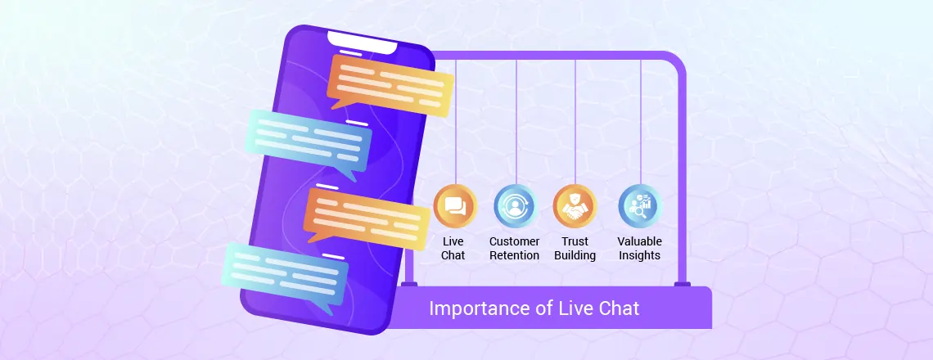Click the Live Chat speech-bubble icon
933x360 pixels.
coord(455,206)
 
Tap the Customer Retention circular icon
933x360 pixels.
coord(516,206)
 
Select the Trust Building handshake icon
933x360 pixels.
coord(575,206)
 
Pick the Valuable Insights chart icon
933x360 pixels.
coord(640,206)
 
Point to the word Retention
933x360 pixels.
coord(515,256)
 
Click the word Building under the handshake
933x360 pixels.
coord(575,256)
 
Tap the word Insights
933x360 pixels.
coord(640,256)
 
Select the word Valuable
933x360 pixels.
coord(640,241)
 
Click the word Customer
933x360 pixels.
coord(515,241)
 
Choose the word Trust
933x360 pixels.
coord(575,241)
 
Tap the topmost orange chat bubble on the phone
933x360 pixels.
coord(390,85)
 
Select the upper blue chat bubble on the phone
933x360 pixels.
coord(309,143)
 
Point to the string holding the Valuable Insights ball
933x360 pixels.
coord(640,122)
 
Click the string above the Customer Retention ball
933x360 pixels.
coord(516,122)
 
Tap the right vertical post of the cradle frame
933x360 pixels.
coord(682,178)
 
